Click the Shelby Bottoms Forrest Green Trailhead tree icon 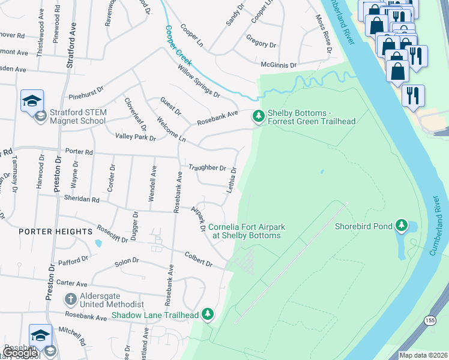click(258, 116)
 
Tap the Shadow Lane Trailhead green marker click(208, 314)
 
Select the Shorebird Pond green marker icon click(401, 226)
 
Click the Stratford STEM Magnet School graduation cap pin click(32, 100)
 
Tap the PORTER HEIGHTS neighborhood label click(48, 231)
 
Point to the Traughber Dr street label click(207, 168)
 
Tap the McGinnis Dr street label click(279, 65)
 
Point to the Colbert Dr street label click(199, 259)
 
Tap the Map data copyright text click(423, 355)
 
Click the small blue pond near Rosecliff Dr click(98, 244)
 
